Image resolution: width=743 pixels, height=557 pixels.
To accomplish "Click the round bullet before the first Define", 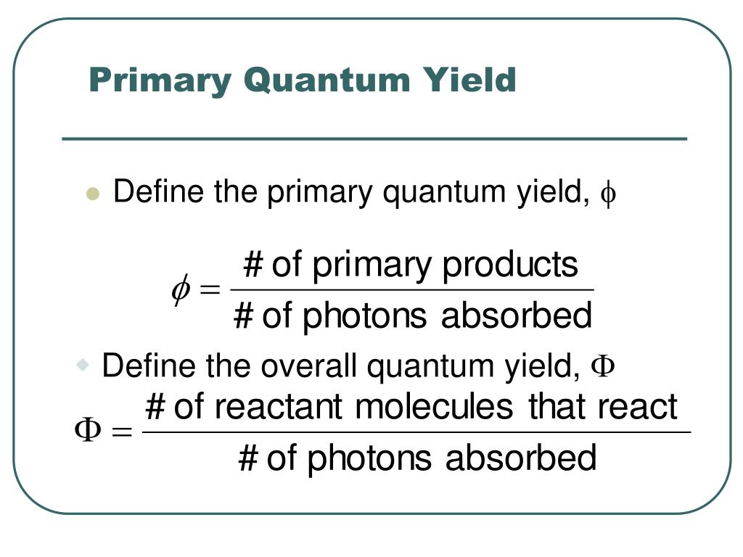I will pos(92,194).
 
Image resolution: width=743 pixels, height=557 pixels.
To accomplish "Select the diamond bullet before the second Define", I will pos(82,363).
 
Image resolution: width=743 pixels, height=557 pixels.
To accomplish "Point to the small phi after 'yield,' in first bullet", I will pos(608,194).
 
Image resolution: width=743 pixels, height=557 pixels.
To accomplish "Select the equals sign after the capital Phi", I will pos(121,433).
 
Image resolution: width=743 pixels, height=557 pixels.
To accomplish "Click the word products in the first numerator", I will pos(510,265).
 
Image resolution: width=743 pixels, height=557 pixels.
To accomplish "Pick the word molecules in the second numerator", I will pos(434,407).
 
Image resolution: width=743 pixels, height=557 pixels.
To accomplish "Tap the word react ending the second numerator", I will pos(638,407).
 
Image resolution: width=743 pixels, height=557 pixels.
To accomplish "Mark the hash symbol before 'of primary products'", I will pos(253,265).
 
